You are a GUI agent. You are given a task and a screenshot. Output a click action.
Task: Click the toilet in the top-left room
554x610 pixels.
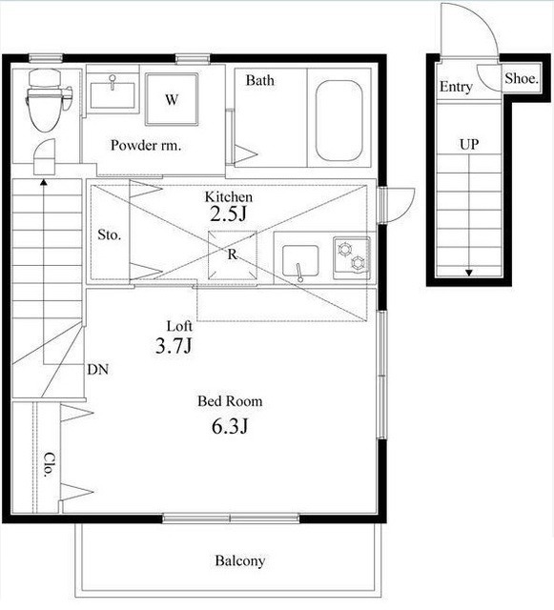[x=47, y=100]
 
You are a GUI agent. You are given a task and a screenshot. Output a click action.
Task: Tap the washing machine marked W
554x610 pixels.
[x=172, y=99]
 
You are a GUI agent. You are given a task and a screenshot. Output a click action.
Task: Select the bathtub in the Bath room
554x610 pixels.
[x=339, y=120]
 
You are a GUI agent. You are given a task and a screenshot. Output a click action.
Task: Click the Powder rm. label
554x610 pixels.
[x=146, y=146]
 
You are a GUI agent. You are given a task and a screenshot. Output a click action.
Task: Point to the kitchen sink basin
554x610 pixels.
[x=300, y=261]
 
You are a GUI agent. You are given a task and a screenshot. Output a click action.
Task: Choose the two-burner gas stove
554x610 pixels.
[x=352, y=258]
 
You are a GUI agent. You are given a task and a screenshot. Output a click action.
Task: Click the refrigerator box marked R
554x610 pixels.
[x=233, y=255]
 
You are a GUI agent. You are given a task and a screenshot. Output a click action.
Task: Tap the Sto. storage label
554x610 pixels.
[x=109, y=234]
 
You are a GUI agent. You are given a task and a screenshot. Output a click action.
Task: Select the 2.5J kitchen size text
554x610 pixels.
[x=228, y=213]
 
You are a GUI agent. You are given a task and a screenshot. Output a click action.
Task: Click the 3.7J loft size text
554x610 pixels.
[x=174, y=345]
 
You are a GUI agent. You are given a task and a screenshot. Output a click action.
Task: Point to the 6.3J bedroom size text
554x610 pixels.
[x=230, y=426]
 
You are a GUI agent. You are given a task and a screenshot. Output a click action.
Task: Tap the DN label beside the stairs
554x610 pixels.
[x=97, y=369]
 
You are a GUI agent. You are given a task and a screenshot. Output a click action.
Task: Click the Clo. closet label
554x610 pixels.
[x=49, y=465]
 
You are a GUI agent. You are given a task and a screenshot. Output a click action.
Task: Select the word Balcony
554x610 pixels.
[x=240, y=560]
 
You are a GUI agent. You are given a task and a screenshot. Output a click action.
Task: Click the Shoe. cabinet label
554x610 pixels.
[x=522, y=79]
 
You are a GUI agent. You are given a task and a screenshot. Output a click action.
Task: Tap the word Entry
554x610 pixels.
[x=456, y=87]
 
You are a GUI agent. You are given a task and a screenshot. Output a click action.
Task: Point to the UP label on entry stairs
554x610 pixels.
[x=469, y=145]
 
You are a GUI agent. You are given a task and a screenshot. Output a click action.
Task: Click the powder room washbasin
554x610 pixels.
[x=113, y=94]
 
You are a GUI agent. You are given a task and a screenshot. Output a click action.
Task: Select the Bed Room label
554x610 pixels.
[x=230, y=401]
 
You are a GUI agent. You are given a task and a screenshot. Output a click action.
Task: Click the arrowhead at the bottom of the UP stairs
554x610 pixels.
[x=469, y=274]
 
